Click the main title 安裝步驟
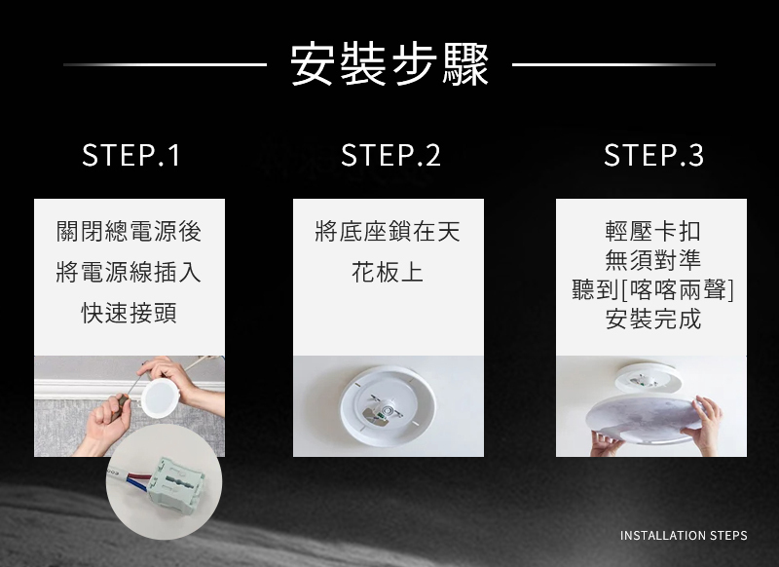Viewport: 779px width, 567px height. [x=389, y=64]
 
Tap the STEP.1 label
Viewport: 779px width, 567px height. [x=131, y=155]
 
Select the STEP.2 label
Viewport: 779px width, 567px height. [x=390, y=155]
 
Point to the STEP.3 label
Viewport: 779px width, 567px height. [x=653, y=155]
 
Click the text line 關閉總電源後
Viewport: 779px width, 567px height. [x=130, y=232]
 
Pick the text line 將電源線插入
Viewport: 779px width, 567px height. [x=130, y=273]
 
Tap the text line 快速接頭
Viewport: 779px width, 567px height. [x=130, y=313]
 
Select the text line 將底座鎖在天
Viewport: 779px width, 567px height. [x=388, y=232]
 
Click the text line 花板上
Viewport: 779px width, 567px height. [x=388, y=273]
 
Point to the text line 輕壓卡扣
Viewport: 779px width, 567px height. [x=652, y=231]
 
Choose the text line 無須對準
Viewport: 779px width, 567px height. [x=652, y=260]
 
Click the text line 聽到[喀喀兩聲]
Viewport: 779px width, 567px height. [x=652, y=289]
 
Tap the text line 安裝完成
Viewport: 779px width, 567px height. [x=652, y=319]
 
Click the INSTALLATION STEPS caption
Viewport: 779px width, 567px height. [x=684, y=536]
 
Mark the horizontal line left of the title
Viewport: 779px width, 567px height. [x=165, y=64]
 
